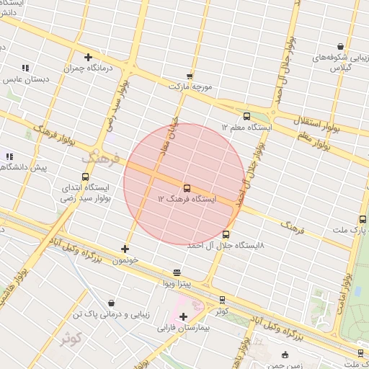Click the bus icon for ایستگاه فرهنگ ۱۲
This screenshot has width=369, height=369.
(187, 187)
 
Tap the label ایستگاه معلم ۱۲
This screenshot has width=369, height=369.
(249, 127)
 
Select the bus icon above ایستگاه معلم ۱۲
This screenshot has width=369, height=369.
(247, 115)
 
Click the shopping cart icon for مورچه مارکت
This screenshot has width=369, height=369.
(190, 76)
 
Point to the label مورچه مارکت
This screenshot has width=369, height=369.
(190, 86)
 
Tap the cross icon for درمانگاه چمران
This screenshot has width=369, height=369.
(88, 57)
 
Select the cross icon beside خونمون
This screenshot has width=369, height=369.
(125, 249)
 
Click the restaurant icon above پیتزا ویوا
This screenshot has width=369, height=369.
(177, 273)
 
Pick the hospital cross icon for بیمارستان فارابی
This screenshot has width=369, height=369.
(183, 316)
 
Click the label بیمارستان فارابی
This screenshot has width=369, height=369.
(183, 328)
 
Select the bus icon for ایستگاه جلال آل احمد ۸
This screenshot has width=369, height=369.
(226, 234)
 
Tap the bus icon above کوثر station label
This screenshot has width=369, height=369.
(222, 299)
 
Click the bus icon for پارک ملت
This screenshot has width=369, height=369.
(361, 220)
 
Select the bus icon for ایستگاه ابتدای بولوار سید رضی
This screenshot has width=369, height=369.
(86, 177)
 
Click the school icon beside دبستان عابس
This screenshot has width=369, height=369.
(25, 68)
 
